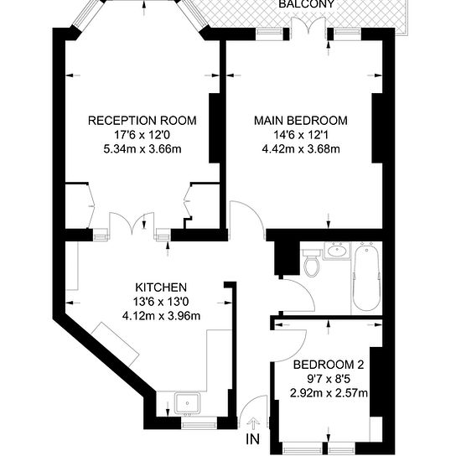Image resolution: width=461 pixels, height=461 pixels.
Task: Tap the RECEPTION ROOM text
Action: pos(142,121)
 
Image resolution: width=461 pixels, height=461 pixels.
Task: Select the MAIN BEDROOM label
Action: pos(300,121)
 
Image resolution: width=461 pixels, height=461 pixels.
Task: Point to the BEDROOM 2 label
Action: pos(329,365)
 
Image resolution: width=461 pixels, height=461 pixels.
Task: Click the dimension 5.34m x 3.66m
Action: pos(142,150)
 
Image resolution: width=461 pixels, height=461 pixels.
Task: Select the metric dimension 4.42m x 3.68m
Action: pos(300,150)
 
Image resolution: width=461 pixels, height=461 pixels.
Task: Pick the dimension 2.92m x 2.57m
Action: pos(329,394)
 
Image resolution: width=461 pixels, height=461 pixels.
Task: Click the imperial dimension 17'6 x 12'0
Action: pos(142,136)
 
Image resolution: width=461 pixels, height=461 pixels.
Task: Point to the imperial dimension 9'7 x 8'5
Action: pos(329,380)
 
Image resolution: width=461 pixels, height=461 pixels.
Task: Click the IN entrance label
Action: pos(252,438)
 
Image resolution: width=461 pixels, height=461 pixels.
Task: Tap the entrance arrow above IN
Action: pos(252,422)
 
